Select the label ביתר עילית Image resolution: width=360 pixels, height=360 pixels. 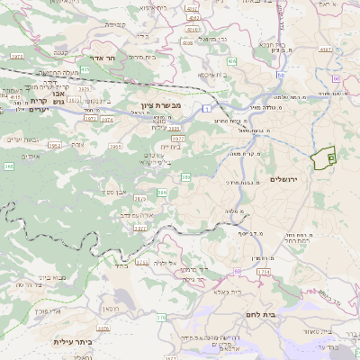click(73, 341)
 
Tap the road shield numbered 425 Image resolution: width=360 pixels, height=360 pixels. click(85, 68)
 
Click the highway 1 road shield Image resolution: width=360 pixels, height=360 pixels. click(205, 109)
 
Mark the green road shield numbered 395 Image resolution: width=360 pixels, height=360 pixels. click(163, 193)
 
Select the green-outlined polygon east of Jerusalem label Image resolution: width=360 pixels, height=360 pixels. click(322, 158)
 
